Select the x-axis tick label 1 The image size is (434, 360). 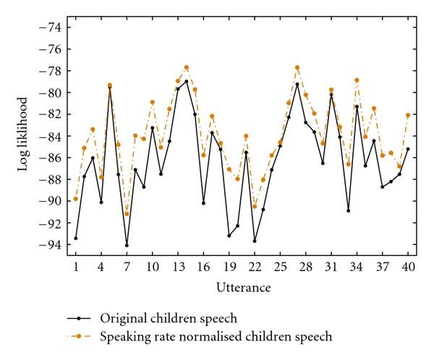[76, 267]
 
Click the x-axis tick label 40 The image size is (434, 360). [408, 267]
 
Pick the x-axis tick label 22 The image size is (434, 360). [255, 267]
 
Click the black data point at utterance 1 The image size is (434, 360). [76, 238]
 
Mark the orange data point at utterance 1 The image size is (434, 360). [76, 199]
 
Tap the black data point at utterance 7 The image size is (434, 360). [127, 245]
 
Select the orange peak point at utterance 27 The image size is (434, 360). [297, 67]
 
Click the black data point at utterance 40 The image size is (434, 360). [408, 150]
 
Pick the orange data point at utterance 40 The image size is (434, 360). [408, 115]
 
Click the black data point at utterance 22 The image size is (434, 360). [255, 241]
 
